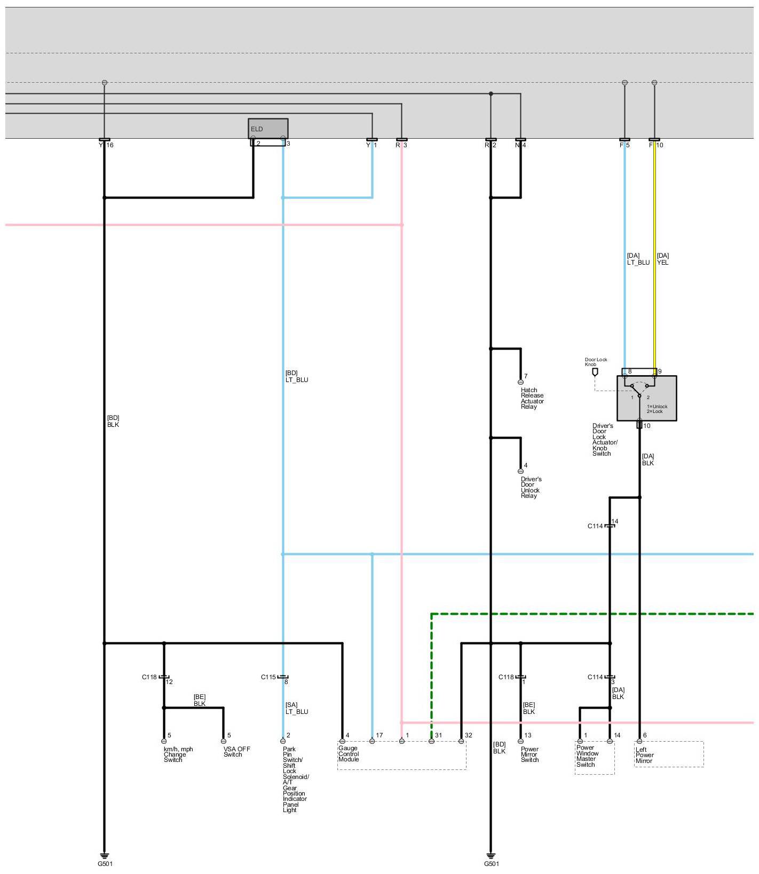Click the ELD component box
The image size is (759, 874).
[268, 129]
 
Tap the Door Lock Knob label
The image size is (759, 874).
[596, 362]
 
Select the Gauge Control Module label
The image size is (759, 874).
[349, 753]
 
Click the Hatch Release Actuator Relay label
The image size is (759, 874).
[532, 398]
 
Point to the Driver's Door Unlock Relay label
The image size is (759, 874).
[531, 487]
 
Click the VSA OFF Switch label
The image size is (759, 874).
[236, 751]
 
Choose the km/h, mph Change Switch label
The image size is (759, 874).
[178, 754]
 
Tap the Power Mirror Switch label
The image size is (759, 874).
[529, 754]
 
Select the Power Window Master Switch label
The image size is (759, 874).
[587, 756]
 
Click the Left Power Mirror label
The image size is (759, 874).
[644, 755]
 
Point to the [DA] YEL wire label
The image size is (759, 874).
[662, 259]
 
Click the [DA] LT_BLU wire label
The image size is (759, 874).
[638, 259]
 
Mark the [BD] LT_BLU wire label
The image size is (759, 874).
[296, 376]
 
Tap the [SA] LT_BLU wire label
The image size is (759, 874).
[296, 708]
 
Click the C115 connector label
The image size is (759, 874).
[268, 677]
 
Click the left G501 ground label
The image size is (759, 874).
[105, 864]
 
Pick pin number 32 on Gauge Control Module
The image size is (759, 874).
[468, 735]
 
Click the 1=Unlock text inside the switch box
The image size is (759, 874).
[657, 406]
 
